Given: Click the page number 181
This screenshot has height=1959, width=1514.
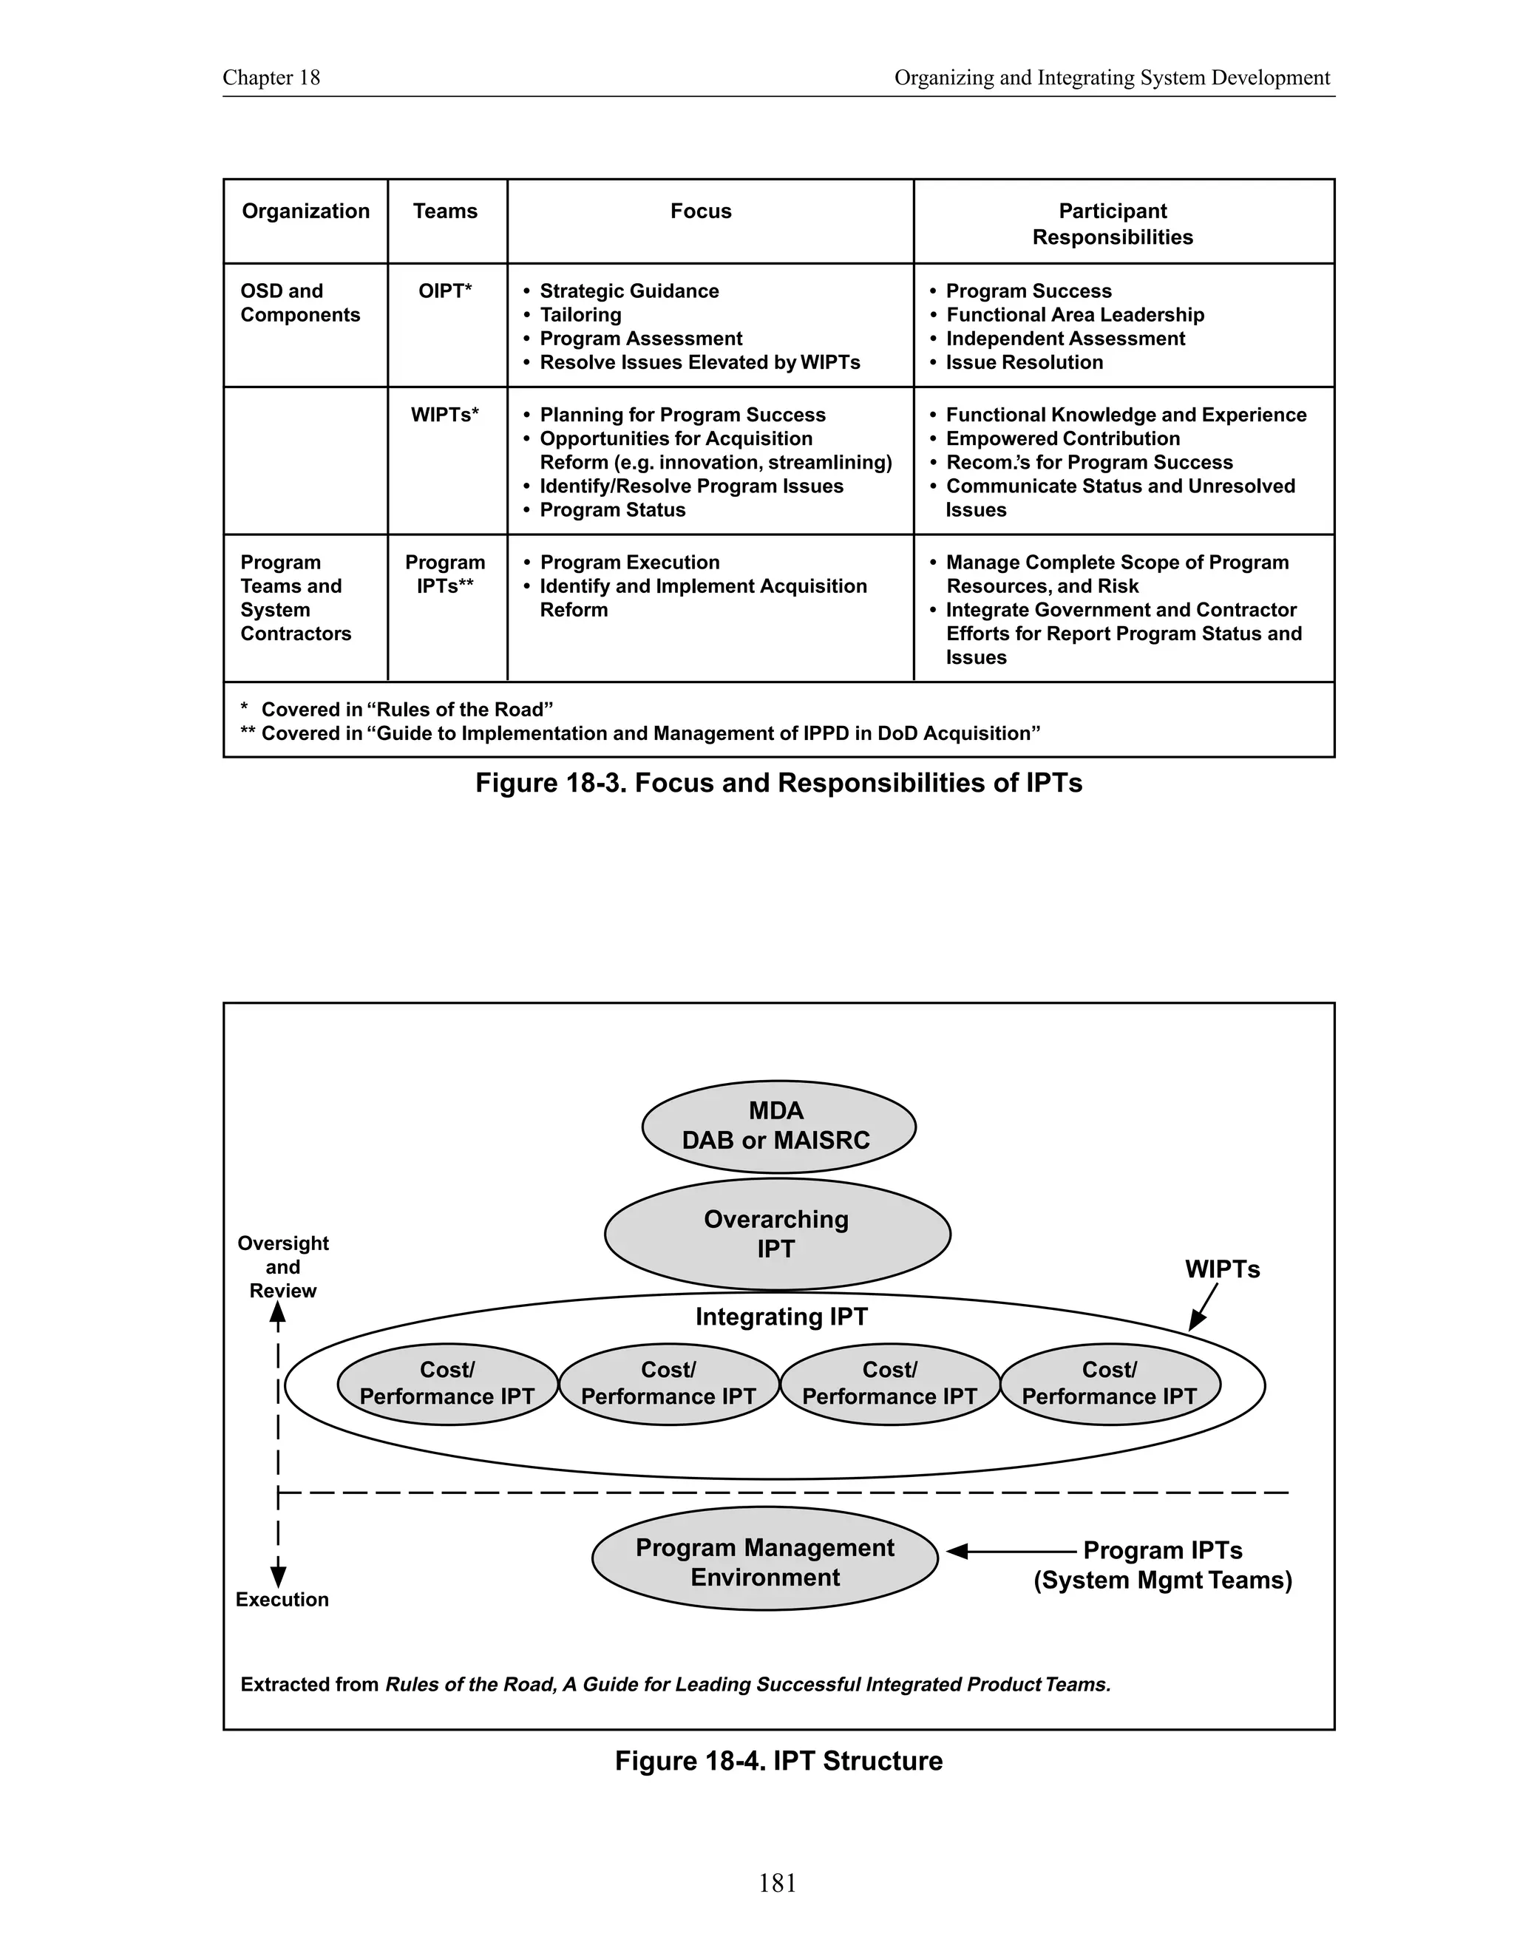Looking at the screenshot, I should pos(778,1883).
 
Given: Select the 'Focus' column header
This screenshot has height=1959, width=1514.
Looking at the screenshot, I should pos(701,211).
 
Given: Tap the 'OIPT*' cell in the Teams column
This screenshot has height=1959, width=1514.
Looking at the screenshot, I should pos(445,291).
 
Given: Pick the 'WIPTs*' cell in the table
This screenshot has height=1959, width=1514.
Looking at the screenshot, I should pos(445,415).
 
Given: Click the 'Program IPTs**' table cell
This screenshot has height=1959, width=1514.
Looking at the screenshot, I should pos(445,574).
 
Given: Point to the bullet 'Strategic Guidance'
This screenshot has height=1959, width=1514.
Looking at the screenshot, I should pos(629,291).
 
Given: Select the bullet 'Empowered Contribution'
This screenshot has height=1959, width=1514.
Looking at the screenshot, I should pos(1062,438).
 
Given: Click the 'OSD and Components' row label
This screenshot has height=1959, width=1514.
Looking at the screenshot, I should pos(299,303).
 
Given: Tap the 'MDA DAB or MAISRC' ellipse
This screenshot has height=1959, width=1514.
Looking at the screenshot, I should pos(778,1126).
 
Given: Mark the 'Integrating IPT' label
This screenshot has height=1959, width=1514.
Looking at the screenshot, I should pos(781,1317).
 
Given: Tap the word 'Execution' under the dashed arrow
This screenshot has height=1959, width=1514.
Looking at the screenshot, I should pos(282,1599).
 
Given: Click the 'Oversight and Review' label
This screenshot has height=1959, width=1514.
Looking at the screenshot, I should pos(282,1266).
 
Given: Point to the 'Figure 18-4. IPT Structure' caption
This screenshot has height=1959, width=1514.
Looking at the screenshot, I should pos(778,1761).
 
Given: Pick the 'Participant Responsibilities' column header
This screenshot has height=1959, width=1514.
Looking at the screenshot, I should pos(1112,223).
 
